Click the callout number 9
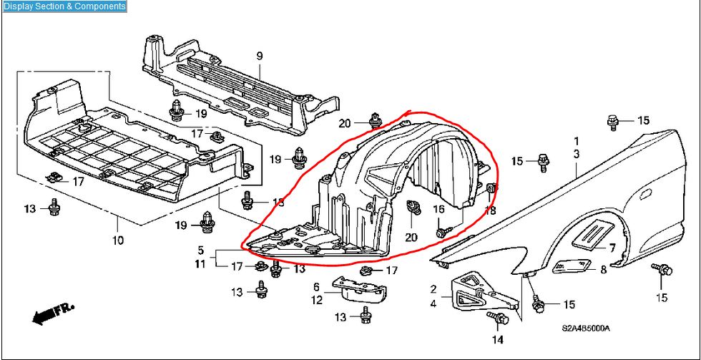[260, 56]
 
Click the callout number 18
[490, 210]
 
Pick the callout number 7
[612, 247]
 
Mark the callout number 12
[316, 300]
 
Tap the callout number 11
[201, 264]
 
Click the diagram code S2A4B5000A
[585, 329]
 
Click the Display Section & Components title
[64, 6]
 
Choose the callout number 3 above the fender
[576, 155]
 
